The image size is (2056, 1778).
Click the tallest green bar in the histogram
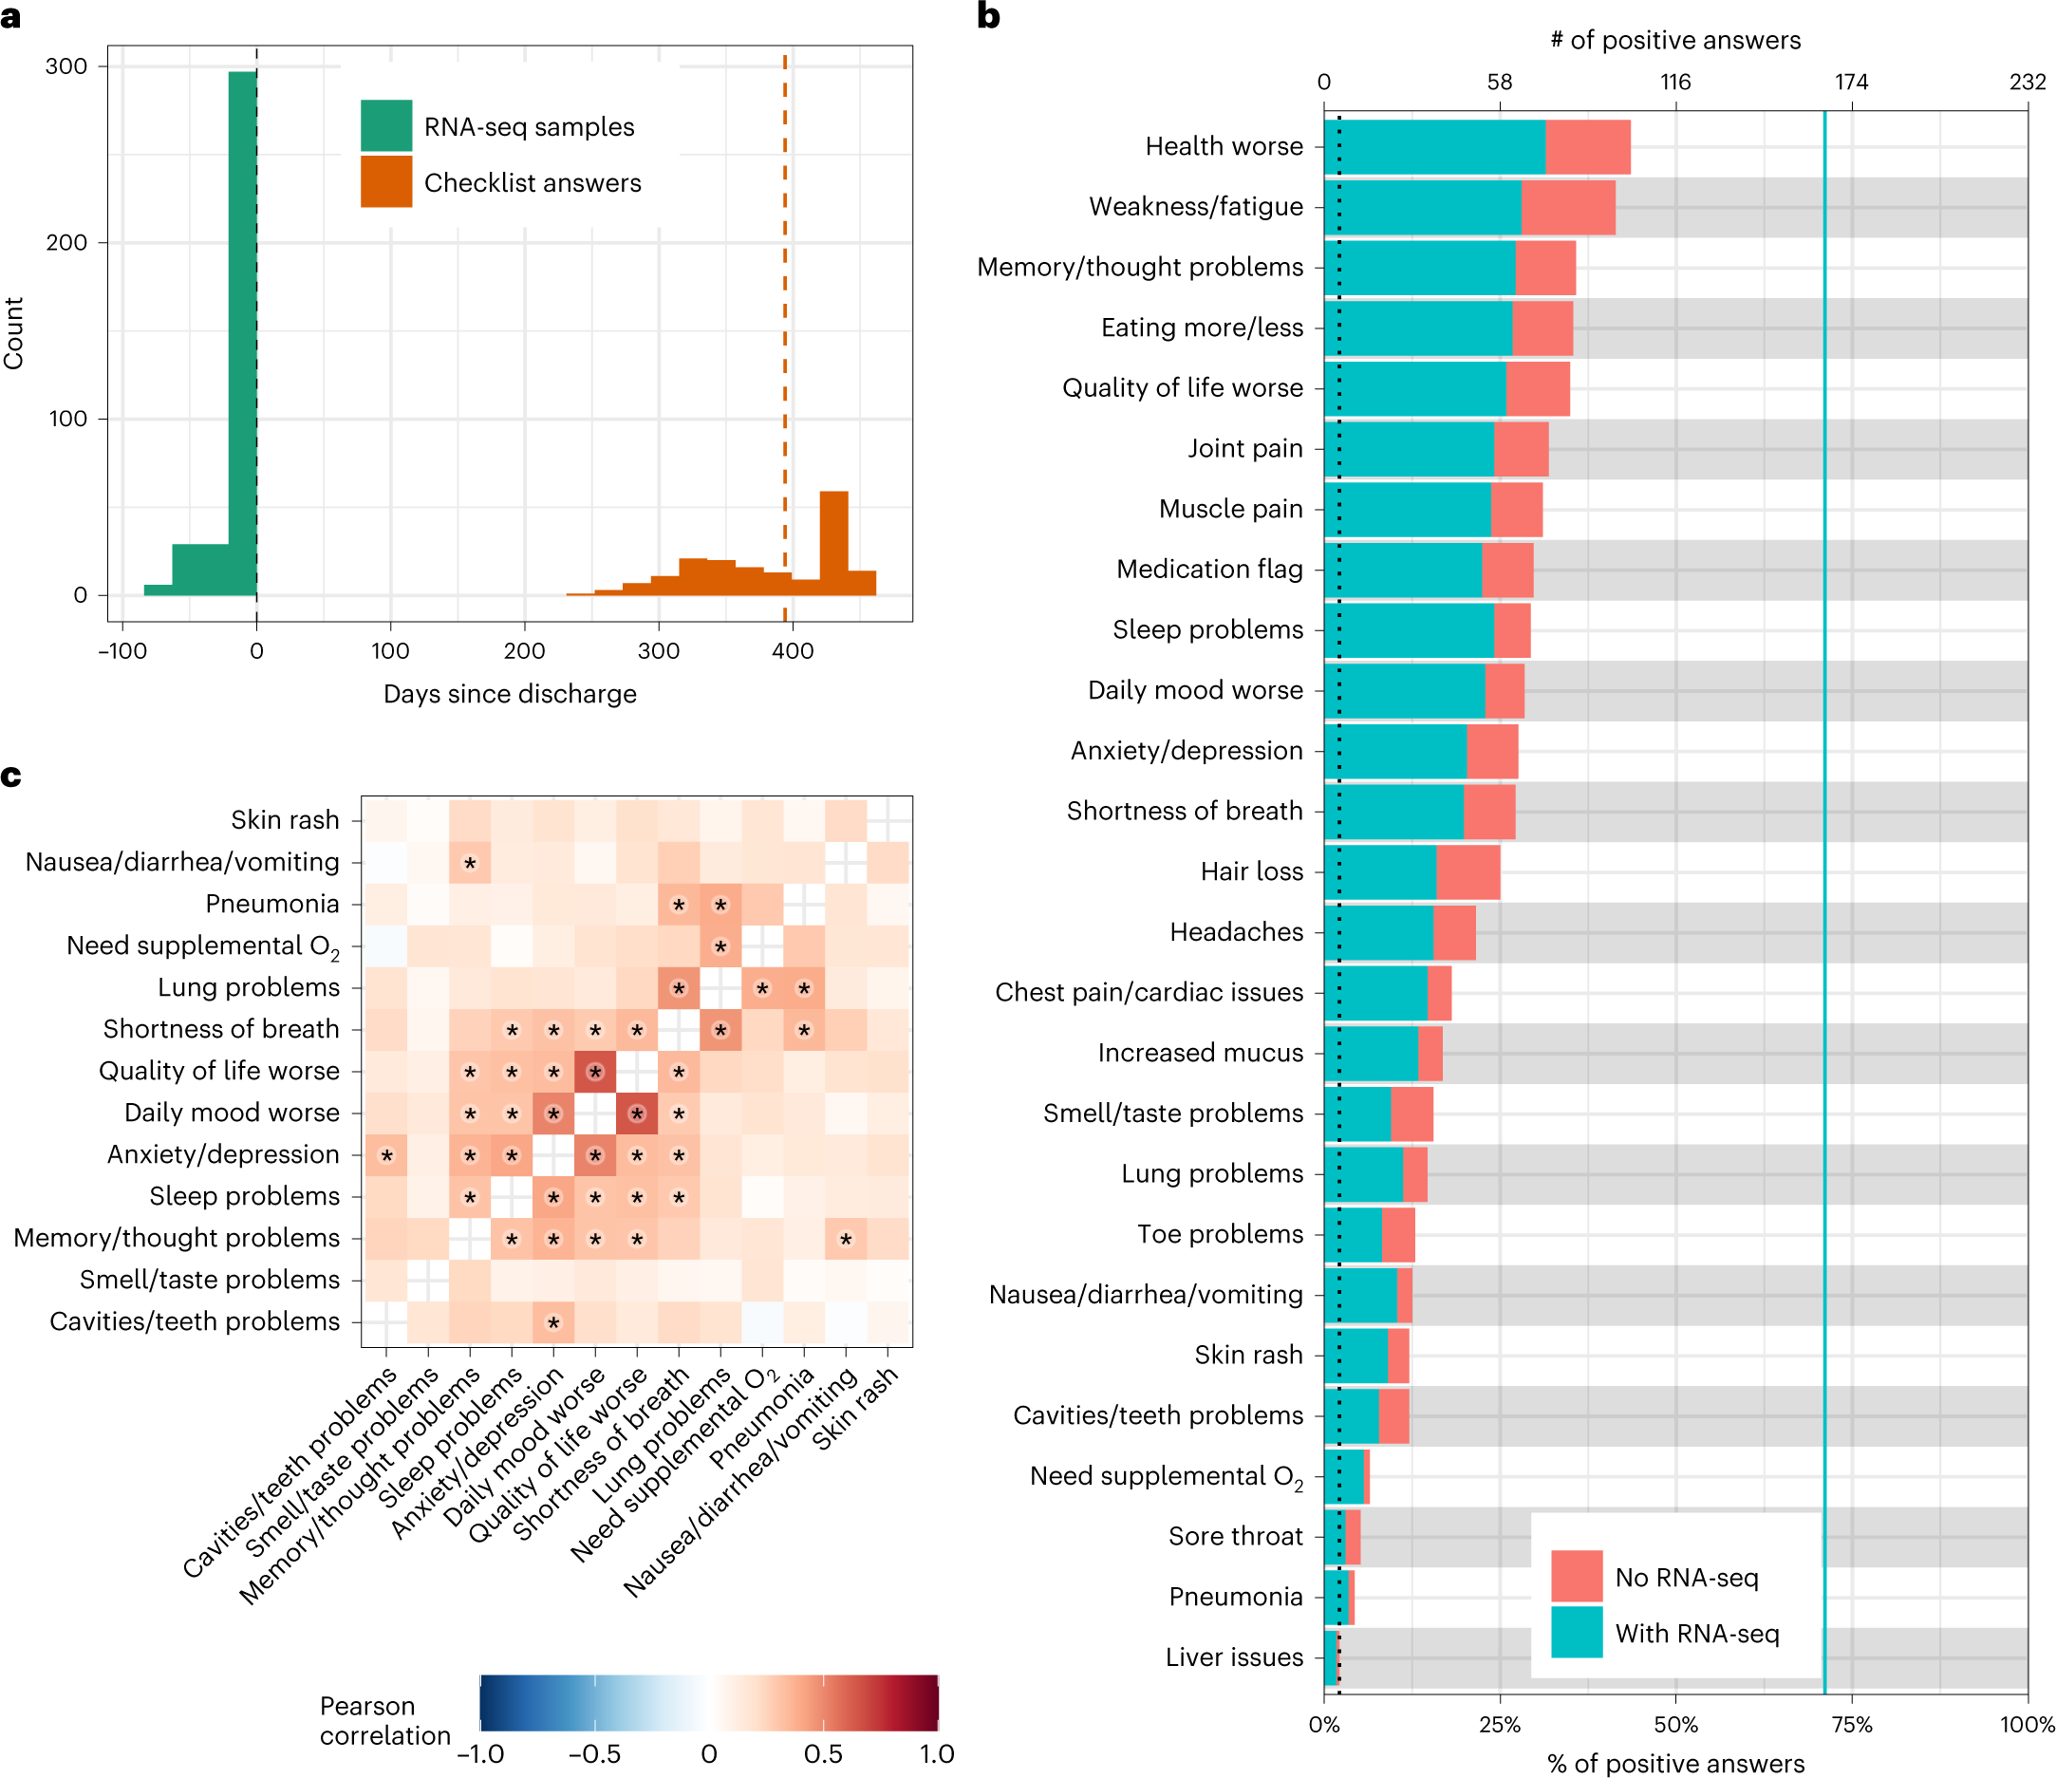coord(242,332)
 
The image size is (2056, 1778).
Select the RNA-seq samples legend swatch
coord(386,126)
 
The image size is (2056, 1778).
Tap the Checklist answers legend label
coord(532,182)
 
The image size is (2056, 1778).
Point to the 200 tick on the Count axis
coord(66,242)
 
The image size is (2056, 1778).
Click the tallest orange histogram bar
coord(833,543)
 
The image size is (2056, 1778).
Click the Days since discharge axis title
coord(510,694)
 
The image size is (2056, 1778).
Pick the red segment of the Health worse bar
coord(1588,147)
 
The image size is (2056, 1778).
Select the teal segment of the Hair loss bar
coord(1379,872)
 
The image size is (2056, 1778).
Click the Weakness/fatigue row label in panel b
coord(1196,206)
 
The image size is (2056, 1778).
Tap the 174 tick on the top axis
coord(1851,83)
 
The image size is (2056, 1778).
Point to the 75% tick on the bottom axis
coord(1852,1725)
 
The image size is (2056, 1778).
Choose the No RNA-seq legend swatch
coord(1577,1577)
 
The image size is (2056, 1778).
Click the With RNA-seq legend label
coord(1697,1633)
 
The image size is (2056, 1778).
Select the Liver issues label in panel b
coord(1234,1656)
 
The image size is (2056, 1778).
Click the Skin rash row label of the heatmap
coord(285,819)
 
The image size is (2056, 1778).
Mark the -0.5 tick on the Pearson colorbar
coord(594,1754)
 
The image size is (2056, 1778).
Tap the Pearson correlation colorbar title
coord(384,1720)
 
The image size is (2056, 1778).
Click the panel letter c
coord(12,776)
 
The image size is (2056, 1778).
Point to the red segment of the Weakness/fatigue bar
coord(1568,207)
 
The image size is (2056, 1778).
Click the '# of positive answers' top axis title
coord(1675,40)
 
